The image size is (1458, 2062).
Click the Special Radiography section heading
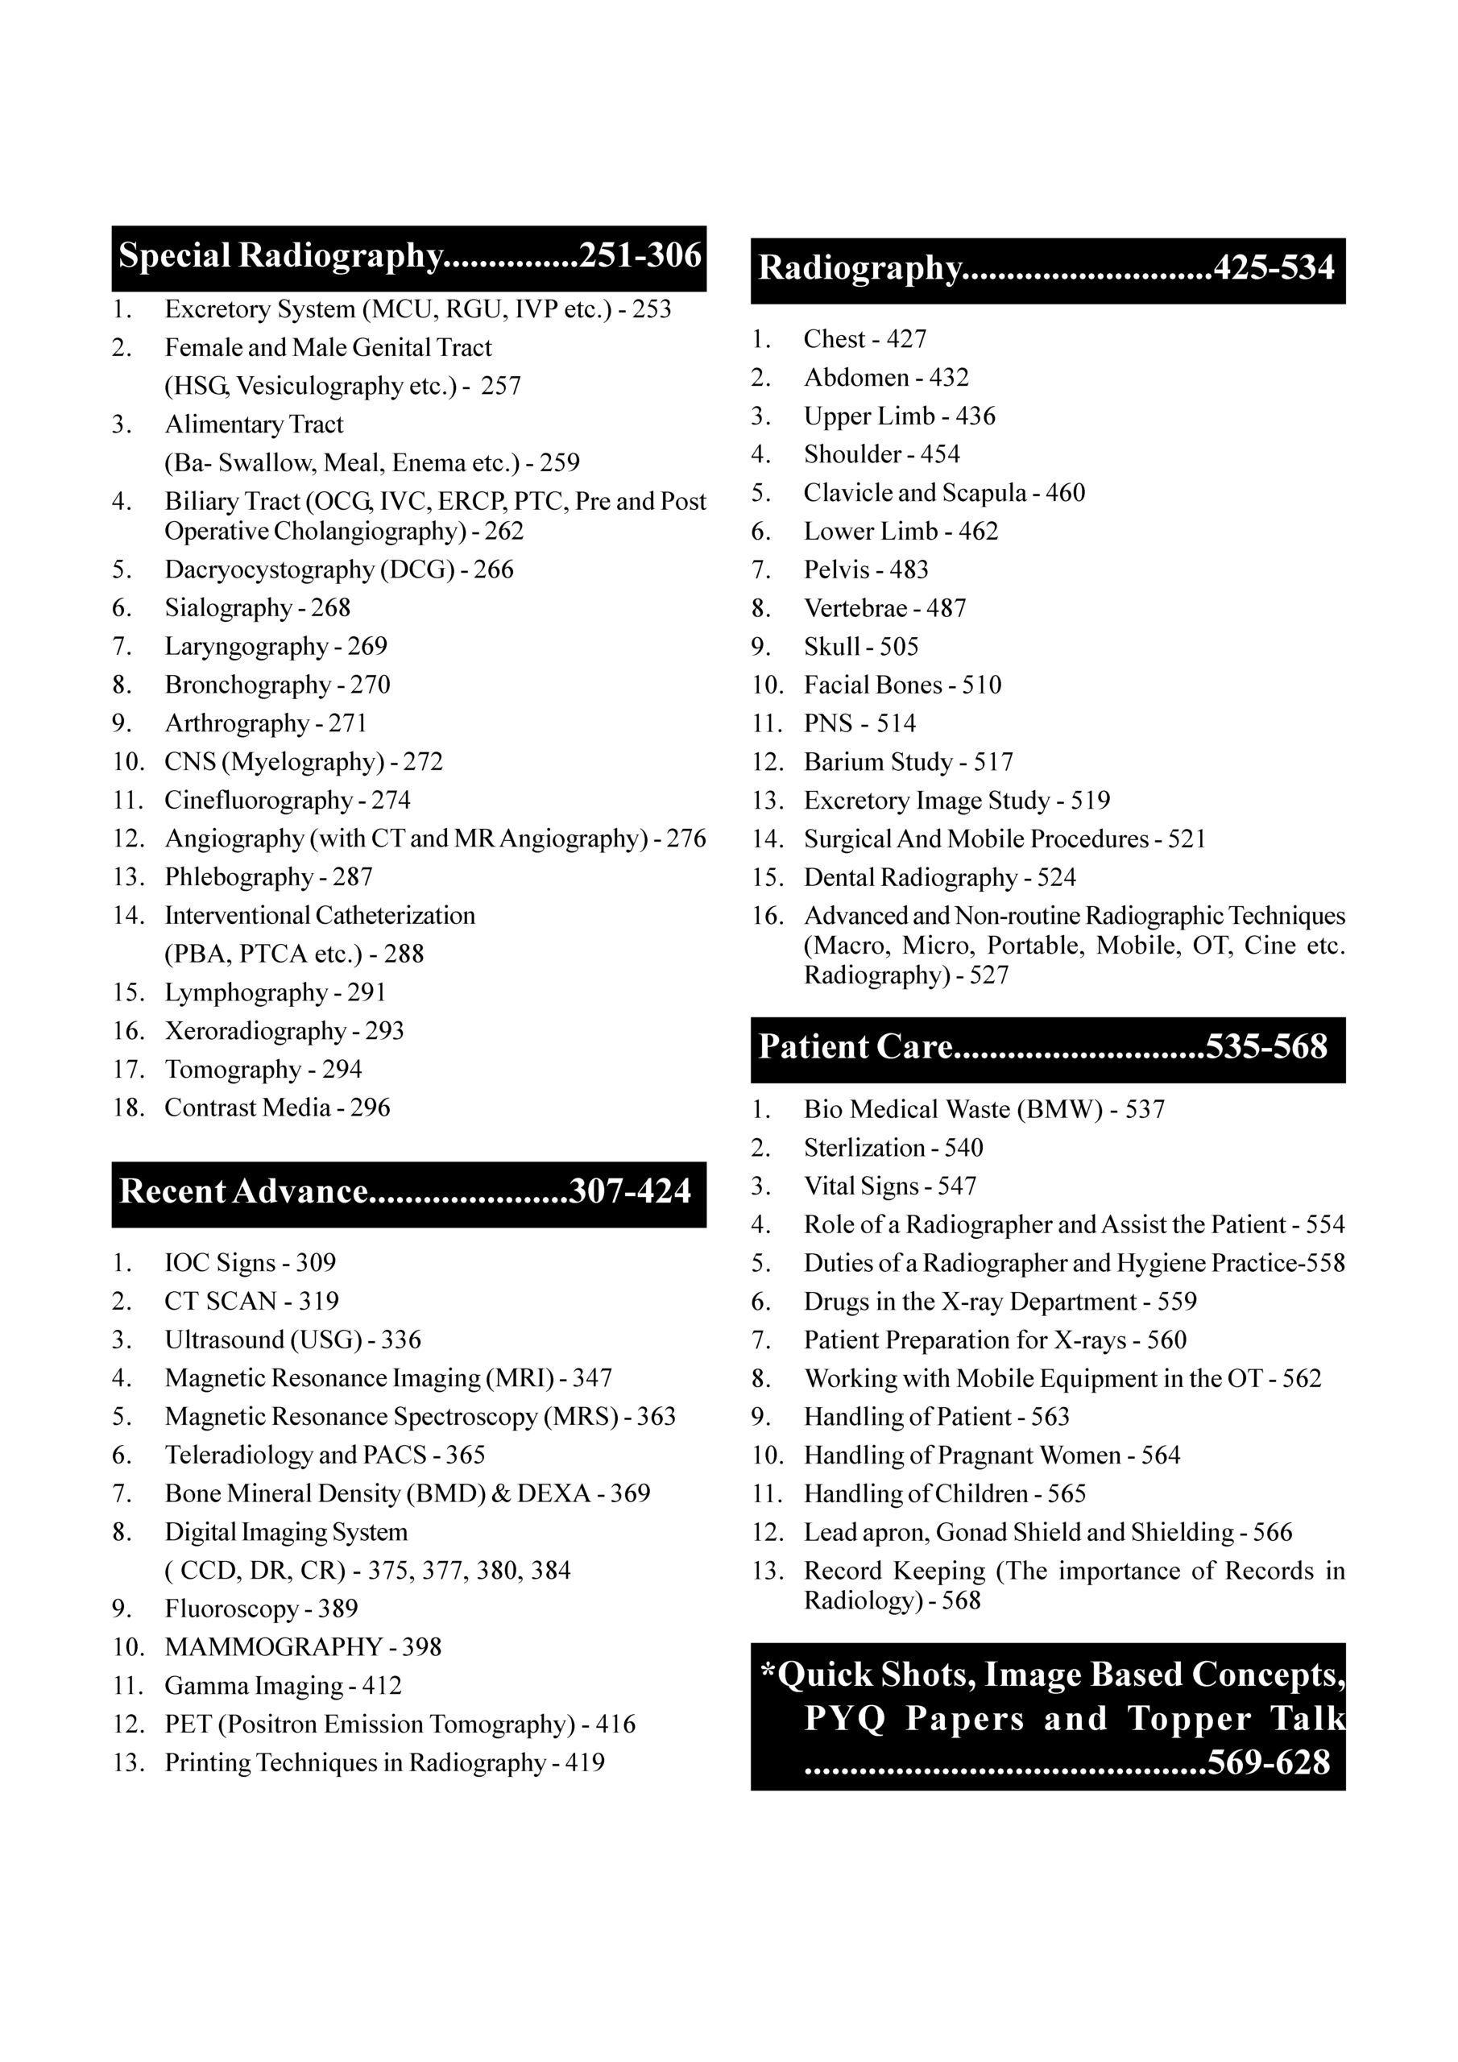click(x=281, y=256)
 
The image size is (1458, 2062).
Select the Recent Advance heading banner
click(x=243, y=1192)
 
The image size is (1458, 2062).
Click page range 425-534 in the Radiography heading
click(x=1274, y=268)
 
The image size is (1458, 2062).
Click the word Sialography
click(x=228, y=608)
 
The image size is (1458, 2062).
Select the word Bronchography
click(x=248, y=685)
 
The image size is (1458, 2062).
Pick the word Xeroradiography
click(x=255, y=1031)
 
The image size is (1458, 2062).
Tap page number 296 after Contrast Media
click(x=370, y=1108)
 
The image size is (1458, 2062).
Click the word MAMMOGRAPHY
click(x=273, y=1647)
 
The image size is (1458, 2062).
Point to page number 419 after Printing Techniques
click(x=585, y=1763)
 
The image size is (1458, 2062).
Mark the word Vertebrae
click(x=855, y=609)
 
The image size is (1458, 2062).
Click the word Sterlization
click(x=864, y=1148)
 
